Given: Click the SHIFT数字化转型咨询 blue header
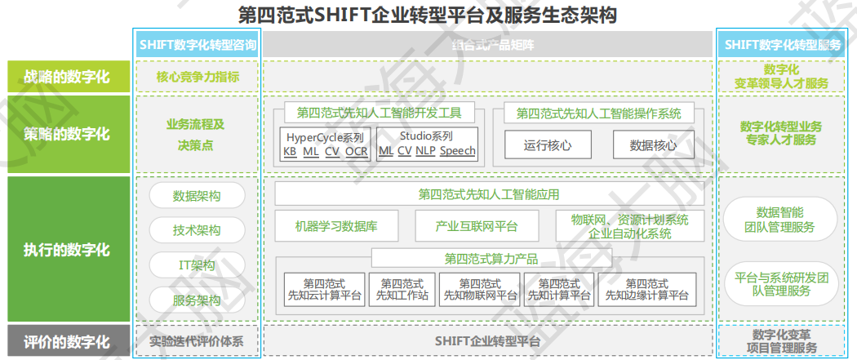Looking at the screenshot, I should [198, 44].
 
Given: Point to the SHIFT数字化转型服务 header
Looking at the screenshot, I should [782, 44].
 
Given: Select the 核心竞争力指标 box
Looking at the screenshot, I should [198, 78].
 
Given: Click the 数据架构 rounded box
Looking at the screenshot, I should [197, 196].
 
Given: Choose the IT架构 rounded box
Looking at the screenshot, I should [197, 265].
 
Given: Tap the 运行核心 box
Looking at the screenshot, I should [547, 145].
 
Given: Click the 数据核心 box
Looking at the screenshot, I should [653, 145].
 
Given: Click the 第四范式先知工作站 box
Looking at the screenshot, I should [402, 289].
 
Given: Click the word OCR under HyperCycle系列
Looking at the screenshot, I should [357, 151].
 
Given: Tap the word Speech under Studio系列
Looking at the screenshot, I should [457, 151].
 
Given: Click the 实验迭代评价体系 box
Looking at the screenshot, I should [198, 341].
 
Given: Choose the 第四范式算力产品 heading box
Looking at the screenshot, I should [491, 259].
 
